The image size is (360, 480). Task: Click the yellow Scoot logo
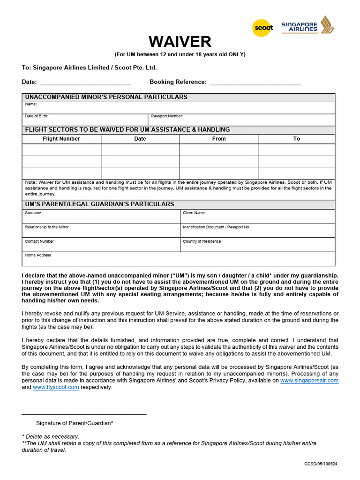coord(263,28)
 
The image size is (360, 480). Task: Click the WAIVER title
coord(180,42)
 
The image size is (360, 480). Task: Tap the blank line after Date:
coord(85,82)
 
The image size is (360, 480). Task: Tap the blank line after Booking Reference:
coord(255,82)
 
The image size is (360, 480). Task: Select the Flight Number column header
coord(61,139)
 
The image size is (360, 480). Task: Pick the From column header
coord(219,139)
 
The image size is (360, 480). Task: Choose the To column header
coord(297,139)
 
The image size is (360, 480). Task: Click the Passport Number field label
coord(167,116)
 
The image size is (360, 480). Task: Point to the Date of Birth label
coord(37,116)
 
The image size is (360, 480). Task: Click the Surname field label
coord(33,213)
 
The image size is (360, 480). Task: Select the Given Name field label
coord(194,213)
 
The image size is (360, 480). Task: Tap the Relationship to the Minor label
coord(47,227)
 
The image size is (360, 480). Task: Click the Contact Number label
coord(39,241)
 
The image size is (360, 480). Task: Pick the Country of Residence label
coord(202,241)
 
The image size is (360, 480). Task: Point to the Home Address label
coord(38,255)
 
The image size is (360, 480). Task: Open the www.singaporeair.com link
coord(309,381)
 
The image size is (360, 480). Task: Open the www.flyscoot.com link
coord(56,387)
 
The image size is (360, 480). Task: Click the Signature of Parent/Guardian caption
coord(75,423)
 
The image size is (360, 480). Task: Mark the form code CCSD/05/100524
coord(321,464)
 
